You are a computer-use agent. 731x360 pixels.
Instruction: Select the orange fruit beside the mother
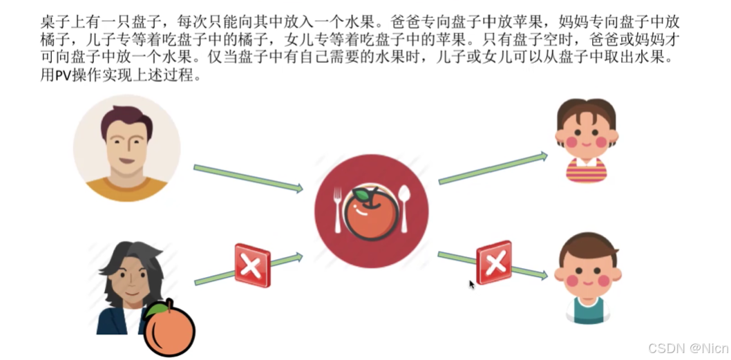(x=170, y=331)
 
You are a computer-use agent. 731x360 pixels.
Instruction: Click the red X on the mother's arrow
(x=252, y=265)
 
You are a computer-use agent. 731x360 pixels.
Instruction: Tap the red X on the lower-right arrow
(x=494, y=263)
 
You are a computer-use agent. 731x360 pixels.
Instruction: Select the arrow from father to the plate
(x=248, y=178)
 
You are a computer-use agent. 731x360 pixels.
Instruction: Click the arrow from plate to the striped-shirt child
(x=493, y=169)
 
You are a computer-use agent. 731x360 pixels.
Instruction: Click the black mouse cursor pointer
(x=473, y=284)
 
